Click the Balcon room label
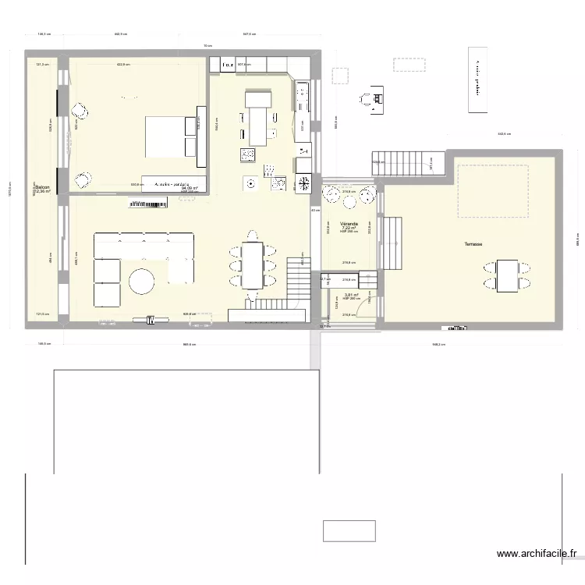point(42,187)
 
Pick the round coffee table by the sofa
point(143,281)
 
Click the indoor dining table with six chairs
point(252,263)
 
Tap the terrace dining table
point(509,275)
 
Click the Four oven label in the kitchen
point(227,66)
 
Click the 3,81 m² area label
point(350,295)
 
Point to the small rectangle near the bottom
point(349,531)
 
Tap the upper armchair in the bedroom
point(80,110)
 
